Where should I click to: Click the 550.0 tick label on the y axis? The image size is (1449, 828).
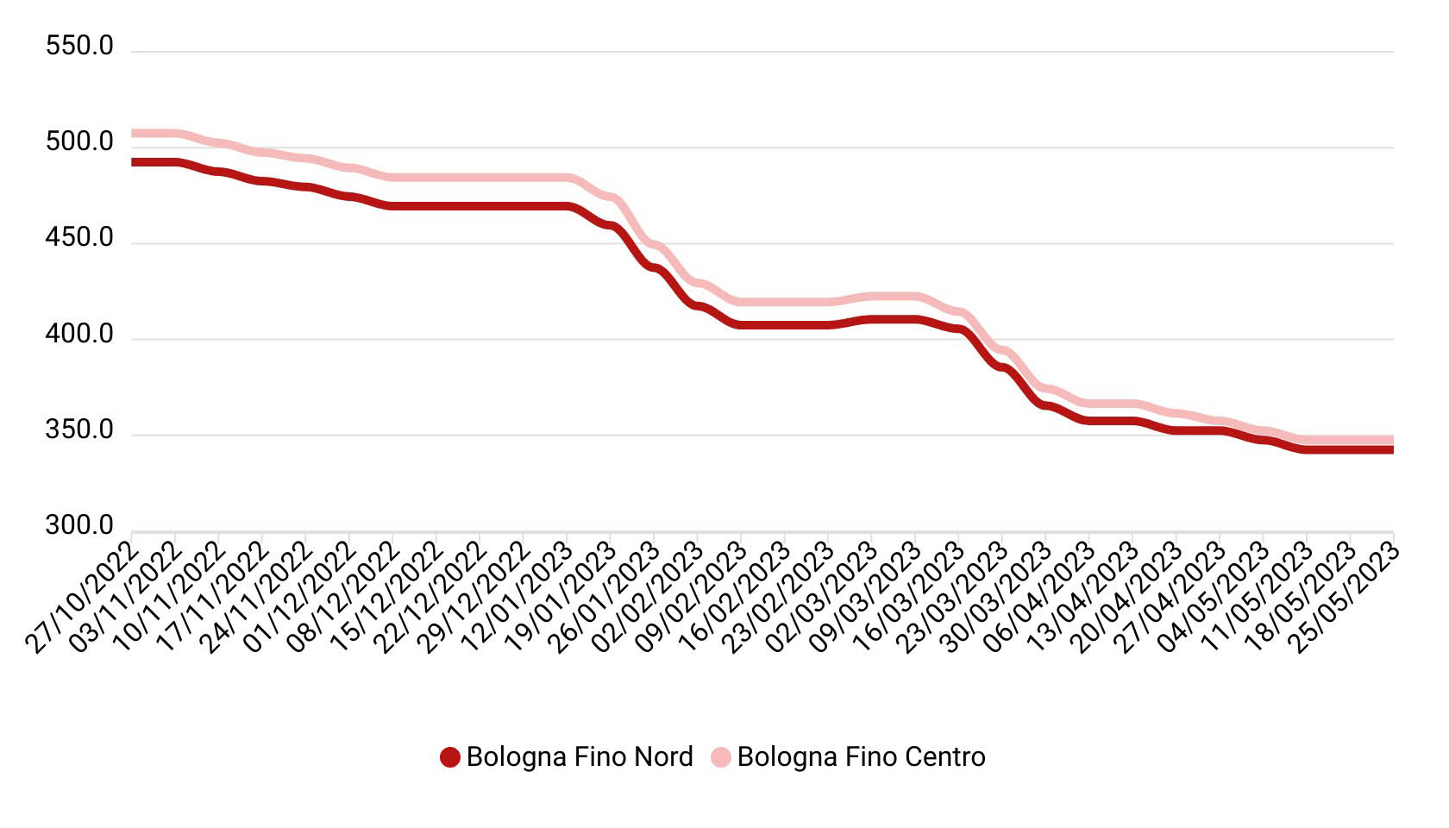79,47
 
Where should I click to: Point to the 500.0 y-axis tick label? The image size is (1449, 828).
79,142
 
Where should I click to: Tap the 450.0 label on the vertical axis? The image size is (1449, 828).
79,238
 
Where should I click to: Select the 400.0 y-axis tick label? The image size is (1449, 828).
79,335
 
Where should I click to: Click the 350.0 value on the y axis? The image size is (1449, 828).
79,430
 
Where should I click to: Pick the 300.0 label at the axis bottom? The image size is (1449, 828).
79,526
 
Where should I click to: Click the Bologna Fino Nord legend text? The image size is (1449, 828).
579,757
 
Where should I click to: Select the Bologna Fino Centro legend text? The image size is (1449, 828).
861,757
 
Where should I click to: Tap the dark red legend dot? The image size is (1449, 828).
449,758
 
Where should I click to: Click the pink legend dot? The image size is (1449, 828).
720,758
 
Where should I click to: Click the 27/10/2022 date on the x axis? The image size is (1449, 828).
82,595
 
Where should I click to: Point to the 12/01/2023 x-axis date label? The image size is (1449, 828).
517,595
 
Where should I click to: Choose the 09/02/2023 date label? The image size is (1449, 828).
692,595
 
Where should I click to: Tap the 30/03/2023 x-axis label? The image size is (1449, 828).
997,595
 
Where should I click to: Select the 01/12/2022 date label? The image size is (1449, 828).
300,595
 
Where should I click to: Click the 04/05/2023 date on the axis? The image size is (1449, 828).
1214,595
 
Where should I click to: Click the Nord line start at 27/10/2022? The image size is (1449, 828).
133,162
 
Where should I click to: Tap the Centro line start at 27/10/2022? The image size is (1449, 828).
133,134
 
